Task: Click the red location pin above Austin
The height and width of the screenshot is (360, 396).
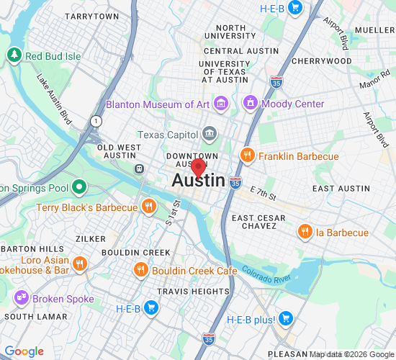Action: [199, 168]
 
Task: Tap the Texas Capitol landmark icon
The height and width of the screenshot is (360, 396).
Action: [210, 134]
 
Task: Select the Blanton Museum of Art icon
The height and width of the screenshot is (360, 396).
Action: [220, 104]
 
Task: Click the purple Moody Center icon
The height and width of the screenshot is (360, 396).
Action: [251, 104]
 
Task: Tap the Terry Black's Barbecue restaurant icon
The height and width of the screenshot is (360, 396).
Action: [149, 207]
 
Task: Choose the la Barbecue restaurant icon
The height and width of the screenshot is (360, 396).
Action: [305, 233]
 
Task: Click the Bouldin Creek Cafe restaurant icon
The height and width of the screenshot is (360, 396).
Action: [141, 270]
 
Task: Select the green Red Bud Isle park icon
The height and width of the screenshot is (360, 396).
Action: [14, 55]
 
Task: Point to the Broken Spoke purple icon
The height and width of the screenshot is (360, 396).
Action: [21, 297]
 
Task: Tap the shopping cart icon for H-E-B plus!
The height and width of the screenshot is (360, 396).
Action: [285, 318]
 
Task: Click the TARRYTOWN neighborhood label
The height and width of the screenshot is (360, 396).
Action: [93, 16]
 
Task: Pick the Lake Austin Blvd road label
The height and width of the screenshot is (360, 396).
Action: [56, 100]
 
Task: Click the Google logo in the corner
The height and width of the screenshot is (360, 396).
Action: [24, 351]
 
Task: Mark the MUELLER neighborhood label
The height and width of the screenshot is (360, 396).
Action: [374, 31]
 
